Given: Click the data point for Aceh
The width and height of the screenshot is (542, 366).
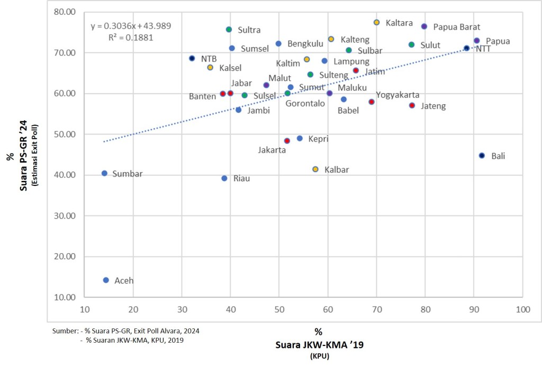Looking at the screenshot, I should tap(106, 280).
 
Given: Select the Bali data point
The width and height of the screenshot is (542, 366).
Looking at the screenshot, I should tap(482, 156).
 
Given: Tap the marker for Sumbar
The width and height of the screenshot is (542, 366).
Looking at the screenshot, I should tap(104, 173).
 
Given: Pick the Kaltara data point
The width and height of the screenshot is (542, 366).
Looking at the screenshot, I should tap(376, 22).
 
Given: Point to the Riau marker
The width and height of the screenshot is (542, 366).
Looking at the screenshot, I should tap(224, 178).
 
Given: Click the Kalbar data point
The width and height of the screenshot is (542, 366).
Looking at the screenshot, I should tap(315, 169).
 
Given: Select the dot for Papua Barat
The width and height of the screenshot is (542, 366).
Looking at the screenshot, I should tap(424, 26).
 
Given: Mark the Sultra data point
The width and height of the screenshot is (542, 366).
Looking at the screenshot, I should tap(229, 30).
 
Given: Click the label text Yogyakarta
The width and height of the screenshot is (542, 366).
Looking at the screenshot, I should tap(398, 95).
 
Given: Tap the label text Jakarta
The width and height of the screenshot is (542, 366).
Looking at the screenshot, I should tap(272, 150).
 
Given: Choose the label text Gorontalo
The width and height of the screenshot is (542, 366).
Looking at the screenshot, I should tap(305, 103).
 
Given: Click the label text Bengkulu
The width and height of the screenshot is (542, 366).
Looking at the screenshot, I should tap(305, 43).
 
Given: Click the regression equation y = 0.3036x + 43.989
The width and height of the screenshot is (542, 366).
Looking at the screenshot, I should tap(131, 26).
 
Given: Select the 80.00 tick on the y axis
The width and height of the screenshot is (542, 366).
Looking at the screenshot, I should tap(66, 12).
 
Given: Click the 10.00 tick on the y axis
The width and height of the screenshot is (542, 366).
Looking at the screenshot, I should tap(66, 297).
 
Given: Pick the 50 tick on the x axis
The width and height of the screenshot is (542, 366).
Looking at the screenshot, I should tap(279, 309).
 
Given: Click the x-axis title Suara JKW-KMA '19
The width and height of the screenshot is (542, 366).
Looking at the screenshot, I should tap(320, 345).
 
